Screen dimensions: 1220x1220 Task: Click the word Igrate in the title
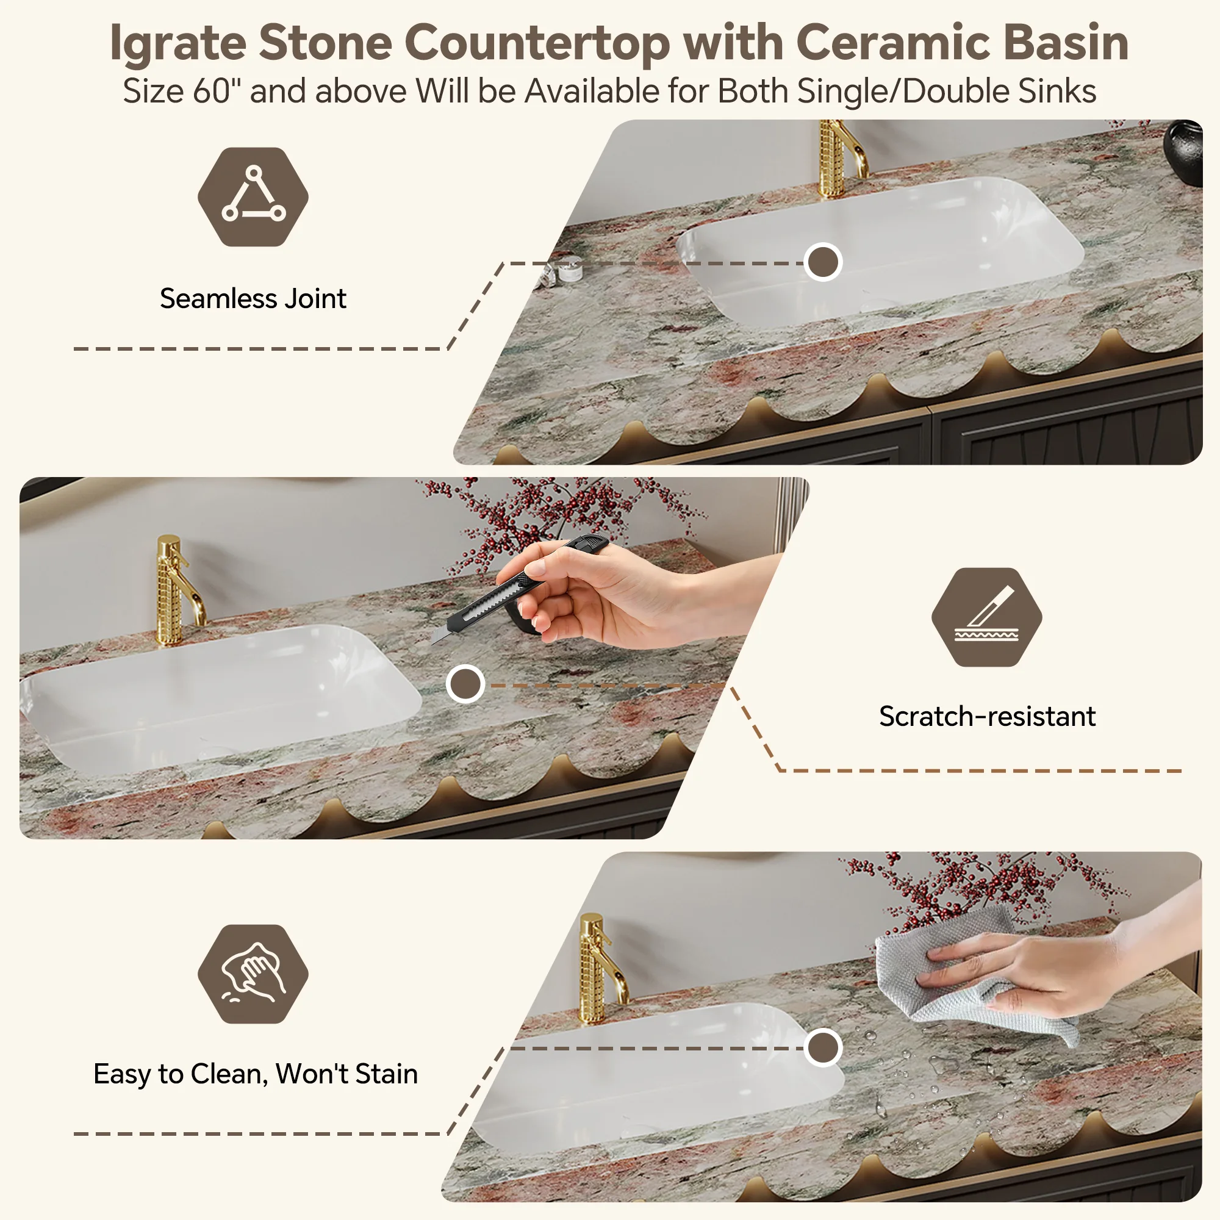(178, 43)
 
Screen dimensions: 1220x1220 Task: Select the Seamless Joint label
(253, 298)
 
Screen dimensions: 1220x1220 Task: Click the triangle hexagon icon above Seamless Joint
(253, 197)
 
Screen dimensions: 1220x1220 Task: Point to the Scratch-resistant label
(987, 716)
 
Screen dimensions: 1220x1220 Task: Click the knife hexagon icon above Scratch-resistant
(986, 617)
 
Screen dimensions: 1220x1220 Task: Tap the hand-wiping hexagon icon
(253, 974)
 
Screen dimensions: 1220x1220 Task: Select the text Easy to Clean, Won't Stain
(256, 1074)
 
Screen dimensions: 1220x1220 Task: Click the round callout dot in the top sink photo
(823, 262)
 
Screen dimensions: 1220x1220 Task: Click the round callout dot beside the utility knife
(465, 684)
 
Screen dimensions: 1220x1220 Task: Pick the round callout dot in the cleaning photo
(823, 1047)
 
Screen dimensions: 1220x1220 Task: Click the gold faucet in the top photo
(840, 158)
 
